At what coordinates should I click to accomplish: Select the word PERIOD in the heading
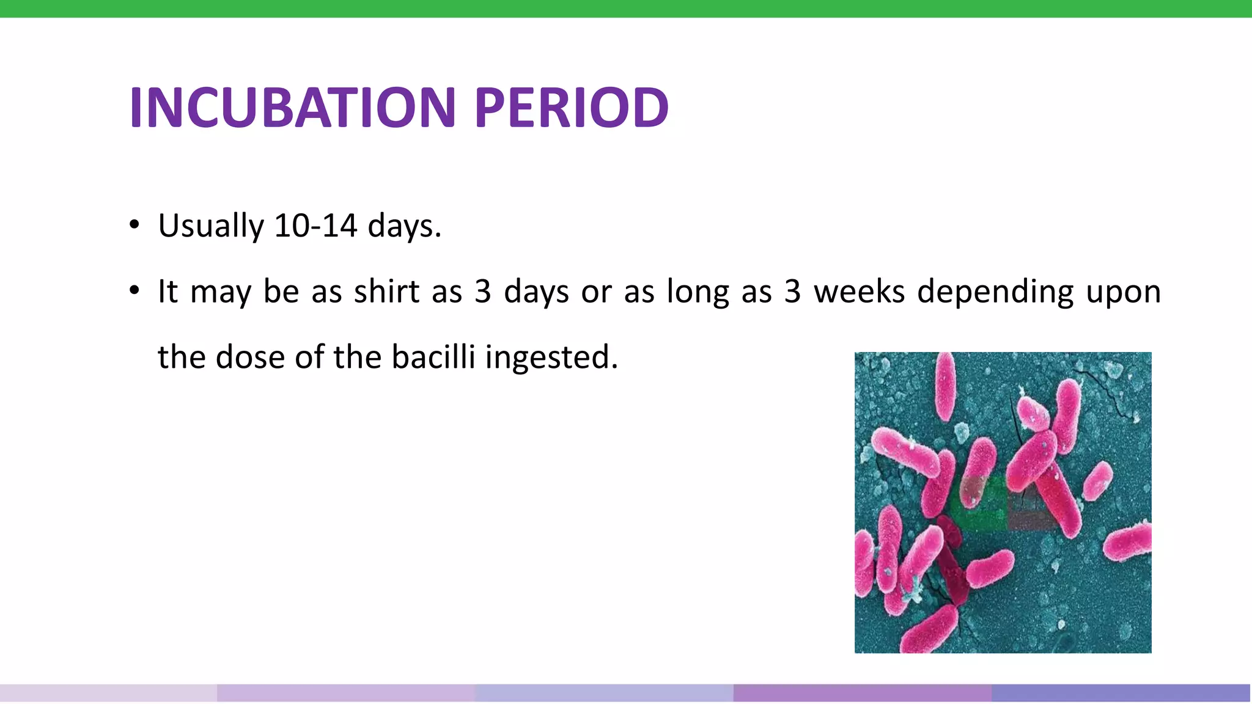tap(571, 108)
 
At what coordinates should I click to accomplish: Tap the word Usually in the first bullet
tap(210, 226)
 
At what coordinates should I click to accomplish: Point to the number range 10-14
tap(315, 226)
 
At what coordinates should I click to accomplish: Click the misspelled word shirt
tap(386, 291)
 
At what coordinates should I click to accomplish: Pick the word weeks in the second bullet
tap(859, 291)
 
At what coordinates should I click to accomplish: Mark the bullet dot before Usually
tap(134, 224)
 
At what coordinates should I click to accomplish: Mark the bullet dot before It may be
tap(134, 290)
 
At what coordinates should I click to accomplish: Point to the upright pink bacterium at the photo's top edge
tap(945, 385)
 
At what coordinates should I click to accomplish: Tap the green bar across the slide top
tap(626, 9)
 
